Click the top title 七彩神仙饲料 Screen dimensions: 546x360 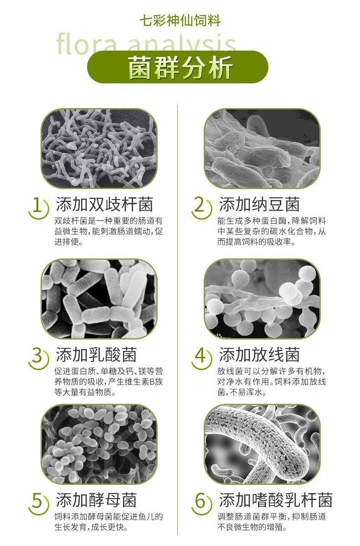[x=180, y=21]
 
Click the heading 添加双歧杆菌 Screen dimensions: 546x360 [x=104, y=204]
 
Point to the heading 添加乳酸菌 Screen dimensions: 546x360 [x=96, y=354]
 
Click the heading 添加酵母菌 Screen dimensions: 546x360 [x=96, y=500]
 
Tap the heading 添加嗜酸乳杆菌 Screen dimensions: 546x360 [x=276, y=500]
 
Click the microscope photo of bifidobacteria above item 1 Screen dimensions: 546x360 [x=99, y=149]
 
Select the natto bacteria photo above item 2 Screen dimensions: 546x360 [x=262, y=149]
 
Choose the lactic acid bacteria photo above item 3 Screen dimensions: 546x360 [x=99, y=299]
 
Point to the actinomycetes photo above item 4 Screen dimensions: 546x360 [x=262, y=299]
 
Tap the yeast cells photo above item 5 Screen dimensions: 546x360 [x=99, y=444]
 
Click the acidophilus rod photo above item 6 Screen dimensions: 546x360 [x=262, y=444]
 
